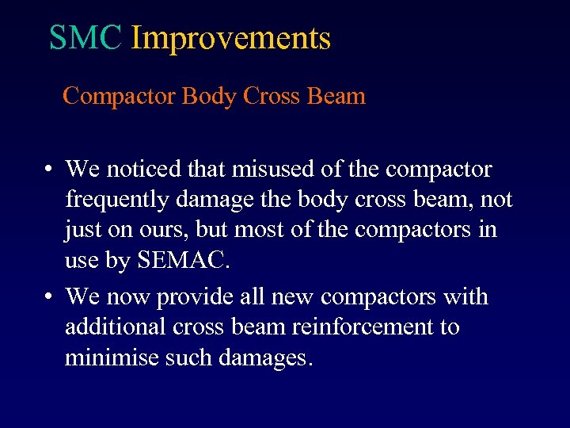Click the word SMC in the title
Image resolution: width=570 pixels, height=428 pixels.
point(85,37)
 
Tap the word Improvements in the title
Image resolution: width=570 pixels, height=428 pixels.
point(230,37)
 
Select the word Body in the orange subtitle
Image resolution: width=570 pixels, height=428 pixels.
point(210,96)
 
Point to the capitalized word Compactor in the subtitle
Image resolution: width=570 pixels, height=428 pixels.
point(119,96)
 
